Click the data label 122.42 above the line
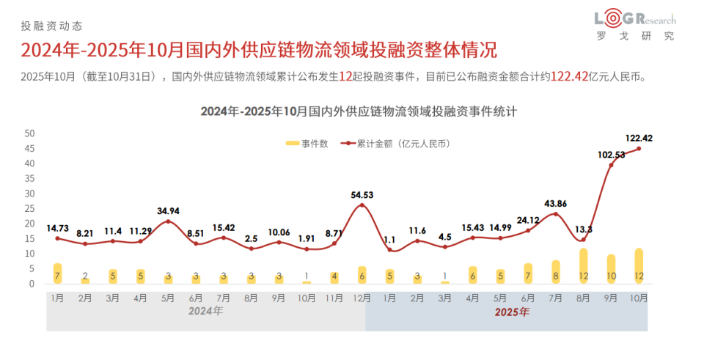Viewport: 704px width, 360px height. point(639,138)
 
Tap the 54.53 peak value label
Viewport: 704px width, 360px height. point(361,195)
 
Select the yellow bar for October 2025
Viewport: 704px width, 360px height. point(639,267)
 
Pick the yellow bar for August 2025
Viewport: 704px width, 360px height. point(583,267)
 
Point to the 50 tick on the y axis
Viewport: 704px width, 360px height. point(29,133)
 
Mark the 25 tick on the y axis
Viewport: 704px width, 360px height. point(29,209)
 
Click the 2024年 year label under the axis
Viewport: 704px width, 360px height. point(205,312)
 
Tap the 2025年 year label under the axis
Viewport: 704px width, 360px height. point(511,312)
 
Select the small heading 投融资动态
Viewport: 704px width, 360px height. point(48,26)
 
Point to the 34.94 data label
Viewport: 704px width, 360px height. point(169,211)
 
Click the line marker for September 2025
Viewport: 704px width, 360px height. point(611,165)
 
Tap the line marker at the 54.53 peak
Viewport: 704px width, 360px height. point(361,205)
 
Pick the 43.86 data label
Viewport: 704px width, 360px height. point(556,203)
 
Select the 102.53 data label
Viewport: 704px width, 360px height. point(611,155)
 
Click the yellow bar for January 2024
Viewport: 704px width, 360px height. point(57,273)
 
